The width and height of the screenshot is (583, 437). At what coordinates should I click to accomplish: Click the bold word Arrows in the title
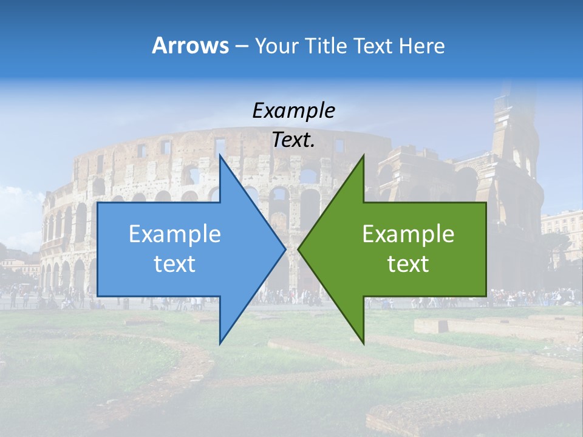(190, 46)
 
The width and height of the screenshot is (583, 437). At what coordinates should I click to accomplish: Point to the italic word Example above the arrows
(293, 110)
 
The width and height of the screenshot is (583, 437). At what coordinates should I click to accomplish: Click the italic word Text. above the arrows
(293, 140)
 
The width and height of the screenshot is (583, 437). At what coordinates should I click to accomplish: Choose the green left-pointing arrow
(413, 249)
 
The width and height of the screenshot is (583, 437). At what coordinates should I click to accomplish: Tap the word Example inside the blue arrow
(175, 234)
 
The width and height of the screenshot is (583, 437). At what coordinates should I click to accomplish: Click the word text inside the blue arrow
(175, 264)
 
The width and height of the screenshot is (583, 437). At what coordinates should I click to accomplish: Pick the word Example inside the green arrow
(408, 234)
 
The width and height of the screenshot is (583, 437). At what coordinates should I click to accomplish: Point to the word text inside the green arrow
(408, 264)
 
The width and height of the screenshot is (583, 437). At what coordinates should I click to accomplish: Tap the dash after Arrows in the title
(241, 47)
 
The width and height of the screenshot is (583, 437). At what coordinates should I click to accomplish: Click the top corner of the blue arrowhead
(220, 156)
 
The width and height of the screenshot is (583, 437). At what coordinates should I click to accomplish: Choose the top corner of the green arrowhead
(363, 156)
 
